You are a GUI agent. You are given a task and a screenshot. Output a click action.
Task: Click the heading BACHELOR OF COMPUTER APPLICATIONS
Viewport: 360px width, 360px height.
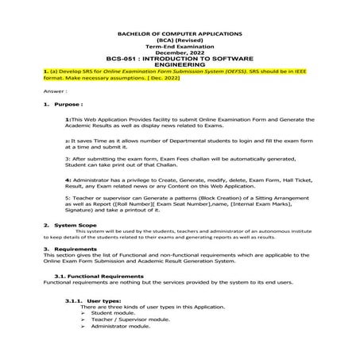click(179, 35)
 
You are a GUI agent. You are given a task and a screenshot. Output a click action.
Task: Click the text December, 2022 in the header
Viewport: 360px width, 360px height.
click(179, 52)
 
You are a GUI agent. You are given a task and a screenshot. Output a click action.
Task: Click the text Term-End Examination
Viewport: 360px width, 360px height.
click(179, 47)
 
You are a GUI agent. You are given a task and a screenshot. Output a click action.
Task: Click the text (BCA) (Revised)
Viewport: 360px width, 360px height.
click(179, 41)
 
